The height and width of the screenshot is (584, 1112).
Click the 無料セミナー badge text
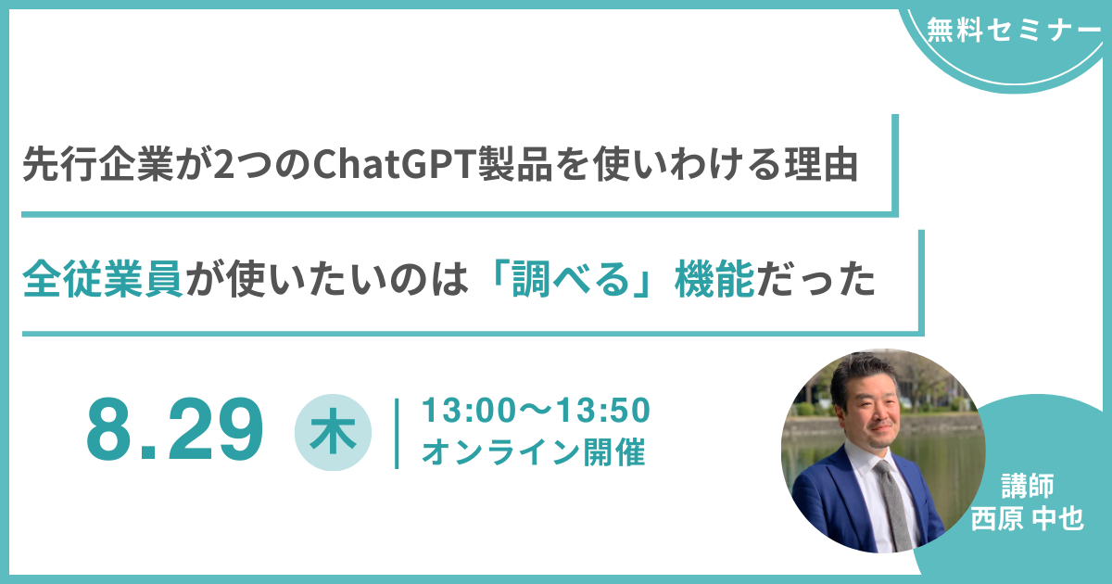click(x=1013, y=30)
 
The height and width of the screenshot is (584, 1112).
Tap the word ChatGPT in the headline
click(x=394, y=164)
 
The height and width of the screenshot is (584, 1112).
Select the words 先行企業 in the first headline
click(x=98, y=164)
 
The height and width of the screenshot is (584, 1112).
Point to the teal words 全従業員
click(x=102, y=279)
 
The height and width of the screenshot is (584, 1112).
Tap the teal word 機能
click(x=714, y=279)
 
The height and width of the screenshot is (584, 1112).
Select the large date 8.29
click(x=174, y=429)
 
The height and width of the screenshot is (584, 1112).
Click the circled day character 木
click(x=333, y=432)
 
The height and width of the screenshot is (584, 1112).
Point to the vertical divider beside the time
click(x=397, y=434)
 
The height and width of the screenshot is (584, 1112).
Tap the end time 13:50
click(x=602, y=411)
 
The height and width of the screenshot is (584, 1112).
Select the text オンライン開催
click(x=533, y=452)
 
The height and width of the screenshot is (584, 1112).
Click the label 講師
click(x=1027, y=486)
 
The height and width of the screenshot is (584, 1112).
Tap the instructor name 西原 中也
click(x=1027, y=519)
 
